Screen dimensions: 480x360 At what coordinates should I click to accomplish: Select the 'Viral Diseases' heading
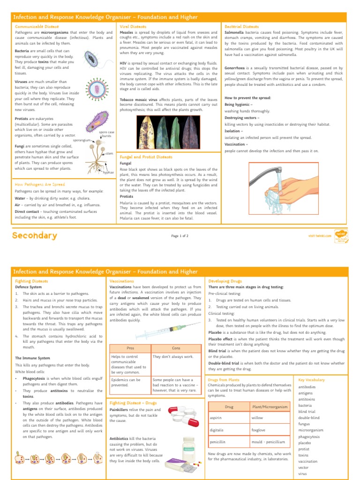click(133, 27)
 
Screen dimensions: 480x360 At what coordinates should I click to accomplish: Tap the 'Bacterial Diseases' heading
click(242, 27)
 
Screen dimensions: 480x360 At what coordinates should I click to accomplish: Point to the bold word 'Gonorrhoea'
click(236, 68)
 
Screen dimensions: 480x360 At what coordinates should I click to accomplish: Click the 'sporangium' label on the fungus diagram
click(81, 140)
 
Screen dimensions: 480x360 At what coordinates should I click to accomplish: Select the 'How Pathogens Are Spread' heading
click(40, 185)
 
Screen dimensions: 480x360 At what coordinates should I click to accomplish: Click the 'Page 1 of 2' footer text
click(180, 236)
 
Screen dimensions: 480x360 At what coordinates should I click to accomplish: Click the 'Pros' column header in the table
click(130, 348)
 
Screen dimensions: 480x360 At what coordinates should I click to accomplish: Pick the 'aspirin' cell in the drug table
click(215, 417)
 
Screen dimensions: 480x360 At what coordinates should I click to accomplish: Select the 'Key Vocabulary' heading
click(311, 380)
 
